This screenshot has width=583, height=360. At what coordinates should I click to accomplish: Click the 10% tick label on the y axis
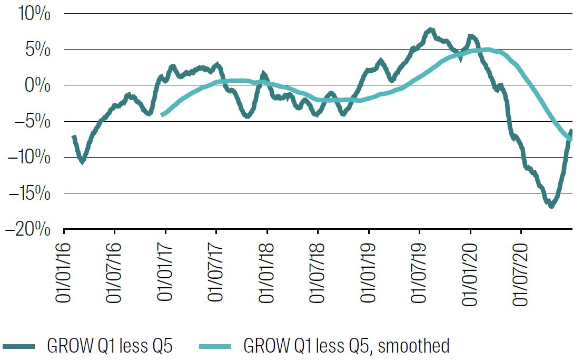point(32,14)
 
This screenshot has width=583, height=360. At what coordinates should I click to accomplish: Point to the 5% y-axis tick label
point(36,50)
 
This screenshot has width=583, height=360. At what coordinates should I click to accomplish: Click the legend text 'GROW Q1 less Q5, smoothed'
point(347,346)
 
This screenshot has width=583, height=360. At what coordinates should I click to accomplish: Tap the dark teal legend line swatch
point(18,346)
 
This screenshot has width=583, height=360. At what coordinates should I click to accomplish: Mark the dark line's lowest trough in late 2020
point(551,206)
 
